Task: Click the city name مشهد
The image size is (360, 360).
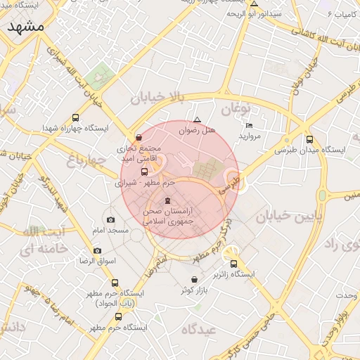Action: pyautogui.click(x=26, y=26)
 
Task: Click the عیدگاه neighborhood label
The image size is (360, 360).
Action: pyautogui.click(x=200, y=329)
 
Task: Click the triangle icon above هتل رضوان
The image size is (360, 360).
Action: pyautogui.click(x=197, y=120)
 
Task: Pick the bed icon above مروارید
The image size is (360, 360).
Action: pyautogui.click(x=249, y=125)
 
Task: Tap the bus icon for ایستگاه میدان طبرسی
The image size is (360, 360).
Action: pyautogui.click(x=310, y=139)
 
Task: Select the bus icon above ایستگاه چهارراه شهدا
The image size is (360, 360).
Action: pyautogui.click(x=75, y=117)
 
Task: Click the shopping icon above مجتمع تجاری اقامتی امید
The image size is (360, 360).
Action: pyautogui.click(x=139, y=138)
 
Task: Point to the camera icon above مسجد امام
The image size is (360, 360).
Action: pyautogui.click(x=110, y=220)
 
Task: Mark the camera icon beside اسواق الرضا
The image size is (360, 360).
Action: pyautogui.click(x=97, y=250)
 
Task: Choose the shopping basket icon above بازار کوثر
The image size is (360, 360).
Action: pyautogui.click(x=194, y=279)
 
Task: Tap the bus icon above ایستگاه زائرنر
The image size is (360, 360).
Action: pyautogui.click(x=233, y=264)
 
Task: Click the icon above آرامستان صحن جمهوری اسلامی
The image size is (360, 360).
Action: pyautogui.click(x=167, y=201)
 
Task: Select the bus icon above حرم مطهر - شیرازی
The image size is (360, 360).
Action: pyautogui.click(x=144, y=172)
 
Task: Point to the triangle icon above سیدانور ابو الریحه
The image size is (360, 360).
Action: pyautogui.click(x=254, y=4)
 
